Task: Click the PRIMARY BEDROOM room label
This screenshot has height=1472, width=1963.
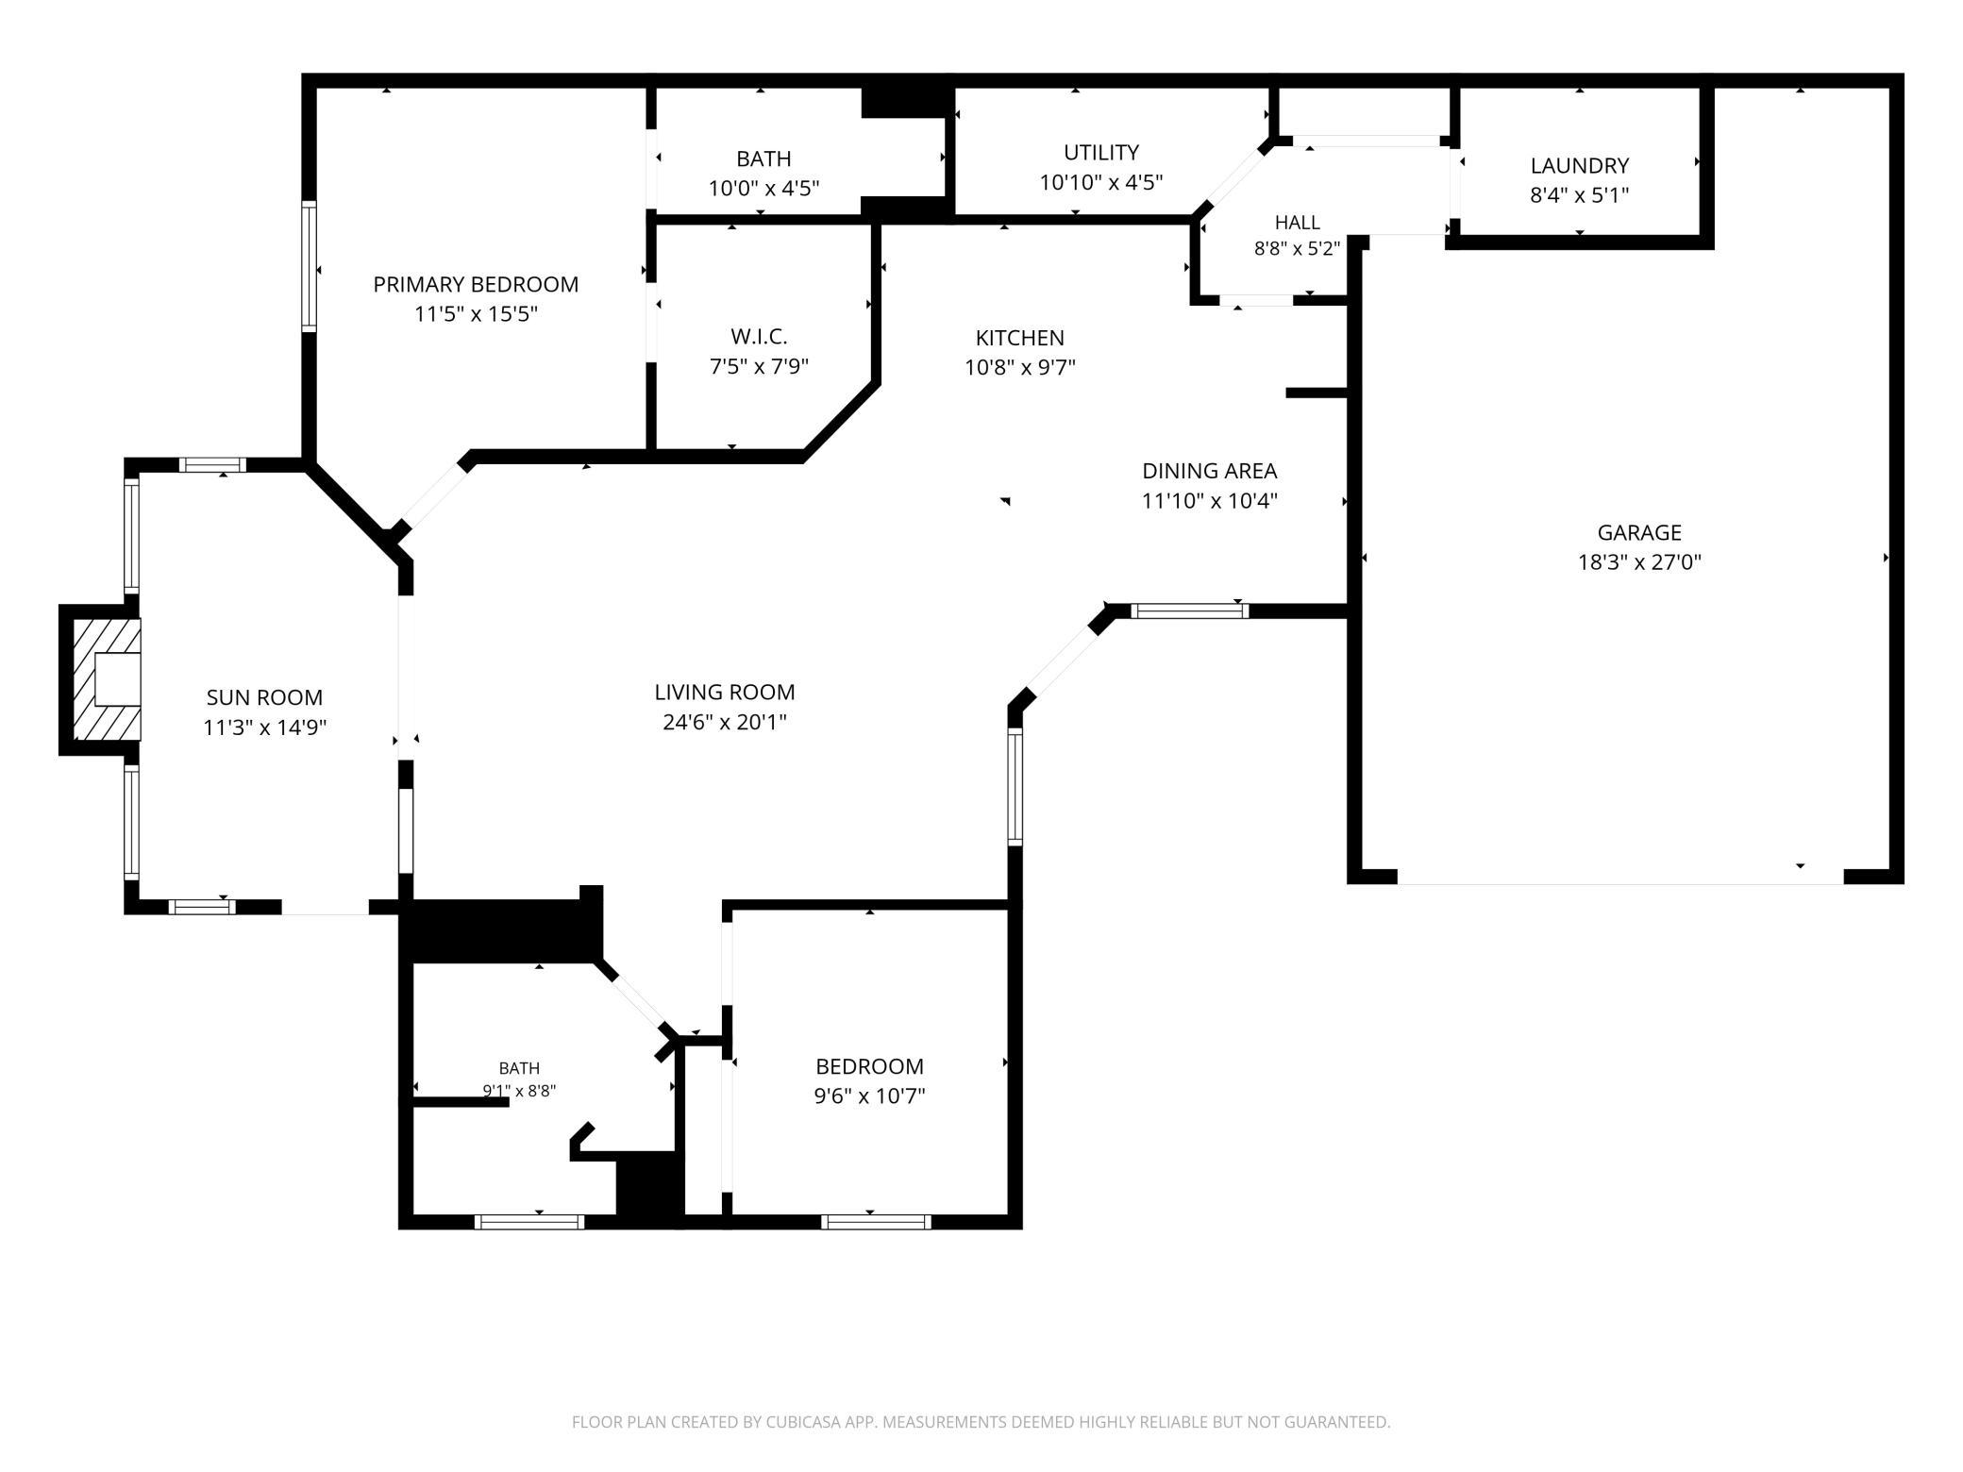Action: pyautogui.click(x=476, y=284)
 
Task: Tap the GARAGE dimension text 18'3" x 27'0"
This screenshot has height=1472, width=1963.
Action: pyautogui.click(x=1639, y=562)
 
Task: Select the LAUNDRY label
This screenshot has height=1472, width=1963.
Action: pyautogui.click(x=1580, y=165)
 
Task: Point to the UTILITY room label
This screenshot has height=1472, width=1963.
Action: pyautogui.click(x=1101, y=152)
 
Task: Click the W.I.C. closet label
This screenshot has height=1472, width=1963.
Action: pyautogui.click(x=759, y=337)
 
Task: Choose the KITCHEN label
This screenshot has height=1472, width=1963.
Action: pyautogui.click(x=1020, y=338)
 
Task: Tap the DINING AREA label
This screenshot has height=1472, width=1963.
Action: pyautogui.click(x=1210, y=471)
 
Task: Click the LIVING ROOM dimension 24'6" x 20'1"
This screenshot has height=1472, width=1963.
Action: pyautogui.click(x=725, y=722)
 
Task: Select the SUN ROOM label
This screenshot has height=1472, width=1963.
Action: pyautogui.click(x=264, y=697)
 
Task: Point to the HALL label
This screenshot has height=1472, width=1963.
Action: pyautogui.click(x=1298, y=223)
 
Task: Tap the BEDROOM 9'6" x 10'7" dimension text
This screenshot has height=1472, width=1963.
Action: pyautogui.click(x=870, y=1096)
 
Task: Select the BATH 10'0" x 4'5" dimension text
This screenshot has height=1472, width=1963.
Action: pyautogui.click(x=763, y=188)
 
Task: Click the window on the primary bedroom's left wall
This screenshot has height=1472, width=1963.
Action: pyautogui.click(x=309, y=266)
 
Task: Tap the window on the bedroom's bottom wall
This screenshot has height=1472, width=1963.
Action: pyautogui.click(x=877, y=1222)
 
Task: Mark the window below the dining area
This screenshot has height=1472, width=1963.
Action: pyautogui.click(x=1190, y=611)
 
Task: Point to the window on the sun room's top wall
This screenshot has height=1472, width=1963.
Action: pyautogui.click(x=212, y=464)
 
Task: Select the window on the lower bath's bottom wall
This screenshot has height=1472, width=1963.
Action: pyautogui.click(x=529, y=1222)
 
